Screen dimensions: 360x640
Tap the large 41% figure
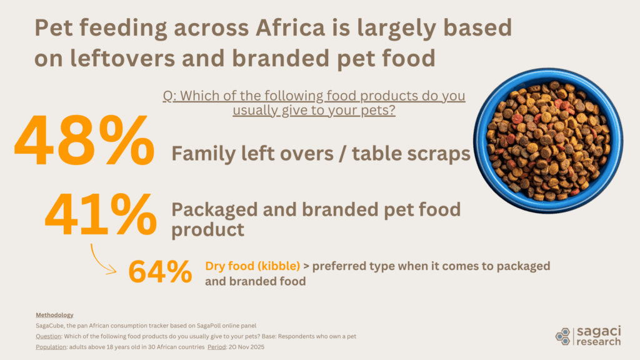(100, 214)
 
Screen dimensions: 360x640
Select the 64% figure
(160, 272)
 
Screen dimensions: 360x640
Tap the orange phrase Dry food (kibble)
(252, 266)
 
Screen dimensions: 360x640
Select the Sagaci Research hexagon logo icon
(562, 336)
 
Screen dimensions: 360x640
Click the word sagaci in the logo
(596, 331)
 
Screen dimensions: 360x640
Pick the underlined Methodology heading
(54, 314)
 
